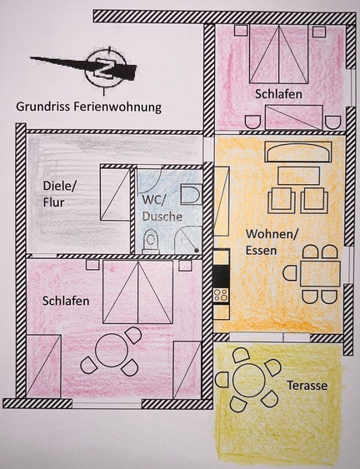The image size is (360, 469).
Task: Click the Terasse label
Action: [x=307, y=385]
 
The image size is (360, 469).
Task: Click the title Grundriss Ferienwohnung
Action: [x=89, y=107]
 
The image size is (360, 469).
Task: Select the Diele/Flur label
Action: [x=60, y=194]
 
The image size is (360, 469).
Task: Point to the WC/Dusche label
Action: [x=162, y=208]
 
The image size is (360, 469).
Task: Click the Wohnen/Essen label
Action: [x=272, y=242]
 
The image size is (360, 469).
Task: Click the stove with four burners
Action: [x=221, y=295]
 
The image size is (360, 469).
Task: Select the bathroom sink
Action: [x=191, y=194]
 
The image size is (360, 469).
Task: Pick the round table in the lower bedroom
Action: [x=112, y=350]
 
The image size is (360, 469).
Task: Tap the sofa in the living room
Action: [x=298, y=152]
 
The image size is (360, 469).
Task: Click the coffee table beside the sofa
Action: [x=298, y=176]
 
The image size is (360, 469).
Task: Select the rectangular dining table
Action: [x=321, y=274]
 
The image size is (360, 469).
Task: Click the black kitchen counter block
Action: [x=222, y=277]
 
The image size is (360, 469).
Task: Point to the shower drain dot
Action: [x=196, y=250]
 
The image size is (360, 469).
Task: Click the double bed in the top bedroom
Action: [x=278, y=54]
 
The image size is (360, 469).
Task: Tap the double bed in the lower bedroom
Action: [x=138, y=292]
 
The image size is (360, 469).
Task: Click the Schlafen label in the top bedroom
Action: [x=278, y=94]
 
